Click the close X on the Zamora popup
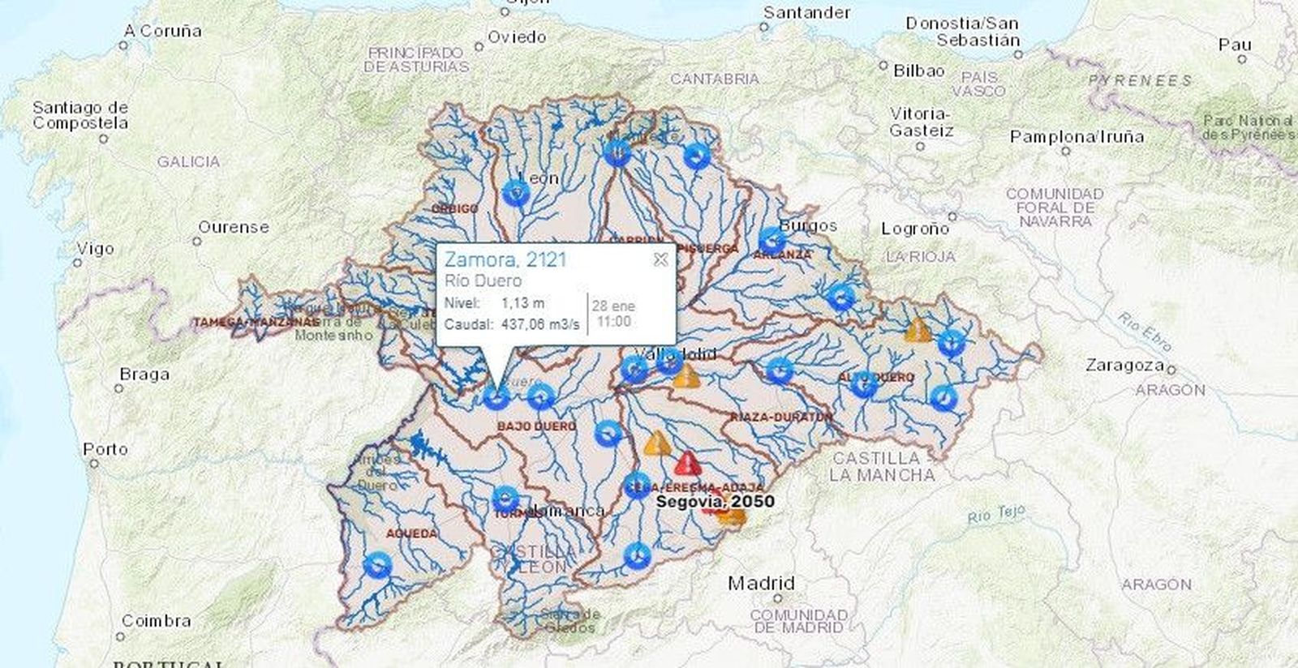(x=660, y=259)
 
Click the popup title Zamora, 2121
(x=505, y=259)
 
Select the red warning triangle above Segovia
(x=687, y=464)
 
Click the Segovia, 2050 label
(x=715, y=501)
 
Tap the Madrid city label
(x=761, y=583)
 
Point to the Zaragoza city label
(x=1124, y=366)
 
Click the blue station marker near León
(x=516, y=194)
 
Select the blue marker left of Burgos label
(x=771, y=240)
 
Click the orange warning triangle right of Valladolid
(x=686, y=376)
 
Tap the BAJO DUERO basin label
(x=536, y=426)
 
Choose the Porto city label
(x=105, y=449)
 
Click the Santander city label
(x=806, y=13)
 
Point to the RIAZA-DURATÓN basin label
(x=781, y=417)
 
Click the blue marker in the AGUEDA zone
(x=377, y=564)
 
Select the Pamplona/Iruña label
(x=1077, y=137)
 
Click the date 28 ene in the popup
(x=613, y=306)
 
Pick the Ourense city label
(x=234, y=227)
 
